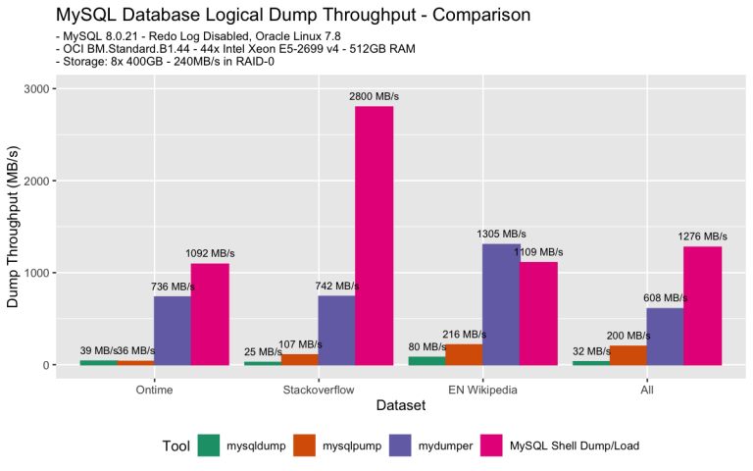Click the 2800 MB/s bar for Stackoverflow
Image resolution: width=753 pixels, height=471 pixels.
point(374,235)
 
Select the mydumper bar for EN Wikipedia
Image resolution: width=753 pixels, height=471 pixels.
point(501,304)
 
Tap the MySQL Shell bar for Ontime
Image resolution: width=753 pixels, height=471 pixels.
point(210,314)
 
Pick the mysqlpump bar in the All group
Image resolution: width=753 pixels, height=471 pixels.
point(627,355)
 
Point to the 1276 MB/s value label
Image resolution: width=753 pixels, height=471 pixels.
point(702,235)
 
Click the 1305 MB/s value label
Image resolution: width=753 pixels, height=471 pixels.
point(501,234)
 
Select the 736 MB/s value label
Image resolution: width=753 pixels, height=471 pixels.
point(173,287)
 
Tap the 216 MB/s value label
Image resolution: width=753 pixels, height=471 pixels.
point(465,335)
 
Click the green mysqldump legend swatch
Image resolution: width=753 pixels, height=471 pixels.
point(208,445)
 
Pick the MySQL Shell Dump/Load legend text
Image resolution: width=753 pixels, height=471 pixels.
point(575,445)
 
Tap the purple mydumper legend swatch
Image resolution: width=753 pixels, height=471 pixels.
point(401,445)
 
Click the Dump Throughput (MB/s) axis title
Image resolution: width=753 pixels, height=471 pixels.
point(14,227)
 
